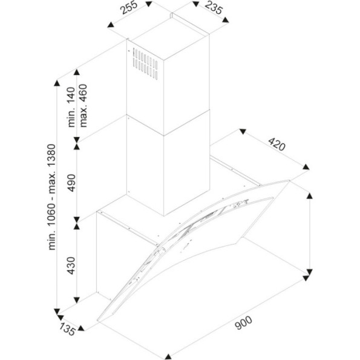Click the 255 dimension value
click(x=129, y=8)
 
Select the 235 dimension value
click(x=214, y=8)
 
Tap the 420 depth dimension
click(x=277, y=144)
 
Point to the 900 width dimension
click(x=243, y=323)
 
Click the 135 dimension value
click(x=67, y=329)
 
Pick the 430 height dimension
click(x=71, y=266)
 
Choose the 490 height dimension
click(x=71, y=183)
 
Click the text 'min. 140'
click(x=71, y=107)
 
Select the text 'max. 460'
click(x=83, y=106)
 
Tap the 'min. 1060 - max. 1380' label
click(x=51, y=197)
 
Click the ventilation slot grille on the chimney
click(x=145, y=64)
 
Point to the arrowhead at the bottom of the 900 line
click(x=168, y=356)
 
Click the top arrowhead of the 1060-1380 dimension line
click(x=57, y=83)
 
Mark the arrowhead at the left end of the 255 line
click(x=111, y=25)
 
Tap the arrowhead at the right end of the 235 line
click(x=226, y=20)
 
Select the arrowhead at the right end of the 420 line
click(x=306, y=167)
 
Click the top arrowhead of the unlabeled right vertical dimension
click(x=310, y=195)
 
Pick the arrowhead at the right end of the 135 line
click(x=81, y=328)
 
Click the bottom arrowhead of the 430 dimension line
click(x=77, y=300)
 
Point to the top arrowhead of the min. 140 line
click(x=77, y=72)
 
